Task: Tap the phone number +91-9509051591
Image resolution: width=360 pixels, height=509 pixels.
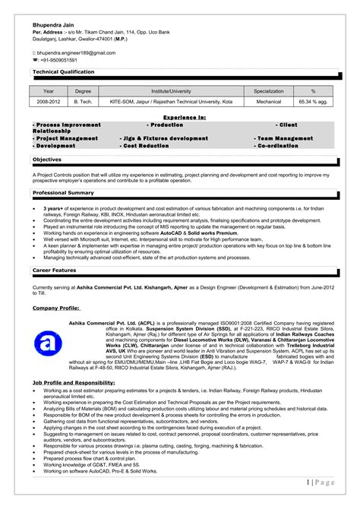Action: point(60,60)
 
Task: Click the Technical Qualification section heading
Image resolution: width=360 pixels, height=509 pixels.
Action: point(64,71)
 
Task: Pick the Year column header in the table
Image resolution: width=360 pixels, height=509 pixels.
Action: point(49,90)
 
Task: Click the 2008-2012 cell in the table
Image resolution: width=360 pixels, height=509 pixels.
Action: point(49,100)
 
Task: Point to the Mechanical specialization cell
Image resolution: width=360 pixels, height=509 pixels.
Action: point(268,100)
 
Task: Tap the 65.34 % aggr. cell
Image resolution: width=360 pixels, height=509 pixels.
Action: point(312,100)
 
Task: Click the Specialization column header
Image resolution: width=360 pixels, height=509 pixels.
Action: point(268,90)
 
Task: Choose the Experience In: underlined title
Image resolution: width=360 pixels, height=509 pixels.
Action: point(185,118)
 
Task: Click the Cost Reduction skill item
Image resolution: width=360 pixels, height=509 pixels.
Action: point(146,145)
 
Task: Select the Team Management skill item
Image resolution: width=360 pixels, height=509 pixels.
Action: point(285,138)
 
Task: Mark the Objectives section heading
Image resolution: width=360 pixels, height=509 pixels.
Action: point(47,160)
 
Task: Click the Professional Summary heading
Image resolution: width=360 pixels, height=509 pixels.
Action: point(64,192)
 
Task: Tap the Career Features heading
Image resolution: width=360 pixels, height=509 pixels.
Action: point(55,270)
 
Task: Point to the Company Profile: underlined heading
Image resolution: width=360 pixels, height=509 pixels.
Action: point(56,308)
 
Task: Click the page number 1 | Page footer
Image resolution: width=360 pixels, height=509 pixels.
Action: point(321,482)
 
